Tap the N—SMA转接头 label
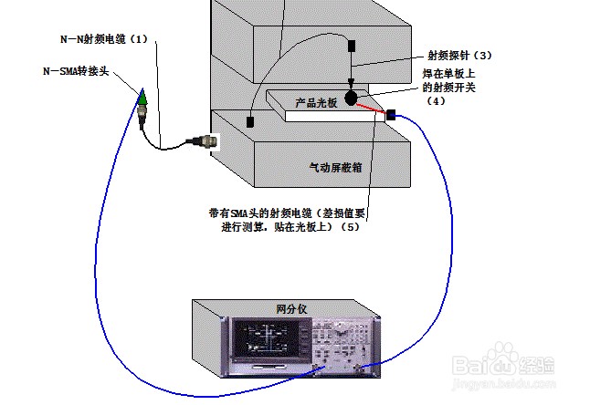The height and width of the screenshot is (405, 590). tap(77, 70)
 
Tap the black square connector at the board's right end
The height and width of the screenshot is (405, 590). tap(391, 115)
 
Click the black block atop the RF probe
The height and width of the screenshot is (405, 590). tap(353, 45)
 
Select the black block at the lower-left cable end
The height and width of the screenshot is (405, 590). tap(248, 120)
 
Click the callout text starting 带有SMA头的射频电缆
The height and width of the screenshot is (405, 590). tap(287, 215)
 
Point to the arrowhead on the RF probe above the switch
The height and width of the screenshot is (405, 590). tap(353, 83)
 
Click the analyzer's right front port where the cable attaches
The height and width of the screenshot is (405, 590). tap(358, 368)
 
